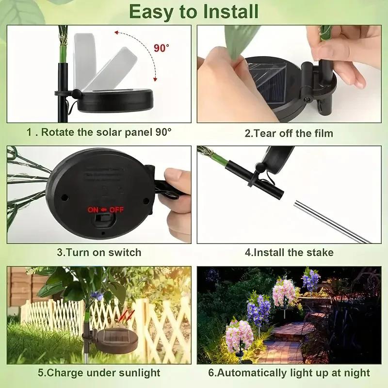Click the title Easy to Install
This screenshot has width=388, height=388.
[x=194, y=11]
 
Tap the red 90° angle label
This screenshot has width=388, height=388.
[x=162, y=48]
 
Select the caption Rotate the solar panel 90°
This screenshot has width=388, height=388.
[x=99, y=132]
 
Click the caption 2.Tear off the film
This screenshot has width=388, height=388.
[x=289, y=132]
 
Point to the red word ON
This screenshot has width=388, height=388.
[x=93, y=210]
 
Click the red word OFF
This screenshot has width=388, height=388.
[x=116, y=210]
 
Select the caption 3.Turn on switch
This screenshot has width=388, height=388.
[x=99, y=252]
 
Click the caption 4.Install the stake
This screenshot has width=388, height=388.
[x=289, y=252]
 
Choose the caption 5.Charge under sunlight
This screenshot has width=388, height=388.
[x=99, y=372]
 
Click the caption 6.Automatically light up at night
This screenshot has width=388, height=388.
[x=289, y=372]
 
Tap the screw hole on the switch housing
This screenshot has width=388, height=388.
[x=64, y=197]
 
